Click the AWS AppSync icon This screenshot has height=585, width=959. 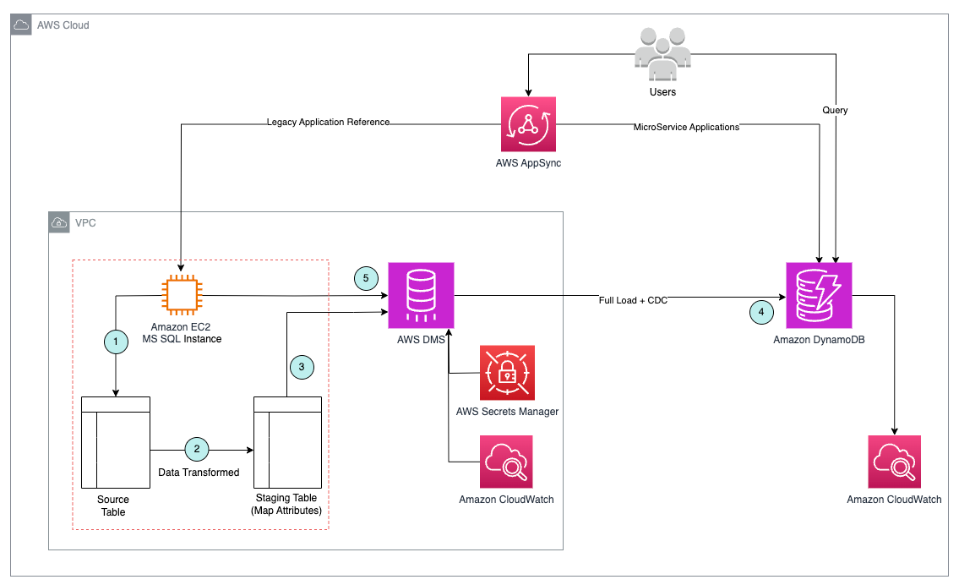tap(528, 124)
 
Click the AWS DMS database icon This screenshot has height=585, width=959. tap(421, 295)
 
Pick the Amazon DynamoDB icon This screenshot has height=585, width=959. tap(819, 295)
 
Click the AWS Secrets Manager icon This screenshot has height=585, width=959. tap(507, 373)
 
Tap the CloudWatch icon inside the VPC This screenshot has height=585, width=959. tap(506, 462)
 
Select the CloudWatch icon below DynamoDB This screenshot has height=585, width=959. tap(894, 462)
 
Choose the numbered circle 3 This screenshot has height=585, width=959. tap(302, 367)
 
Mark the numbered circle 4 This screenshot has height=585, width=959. tap(761, 312)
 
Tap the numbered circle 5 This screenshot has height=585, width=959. tap(366, 278)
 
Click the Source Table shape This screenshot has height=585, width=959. tap(115, 441)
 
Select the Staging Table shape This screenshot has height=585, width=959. tap(287, 441)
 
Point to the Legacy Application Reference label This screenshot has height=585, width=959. tap(328, 123)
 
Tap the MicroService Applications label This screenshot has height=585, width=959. tap(686, 127)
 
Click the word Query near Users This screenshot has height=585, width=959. tap(835, 111)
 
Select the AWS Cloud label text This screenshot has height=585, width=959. tap(63, 25)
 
